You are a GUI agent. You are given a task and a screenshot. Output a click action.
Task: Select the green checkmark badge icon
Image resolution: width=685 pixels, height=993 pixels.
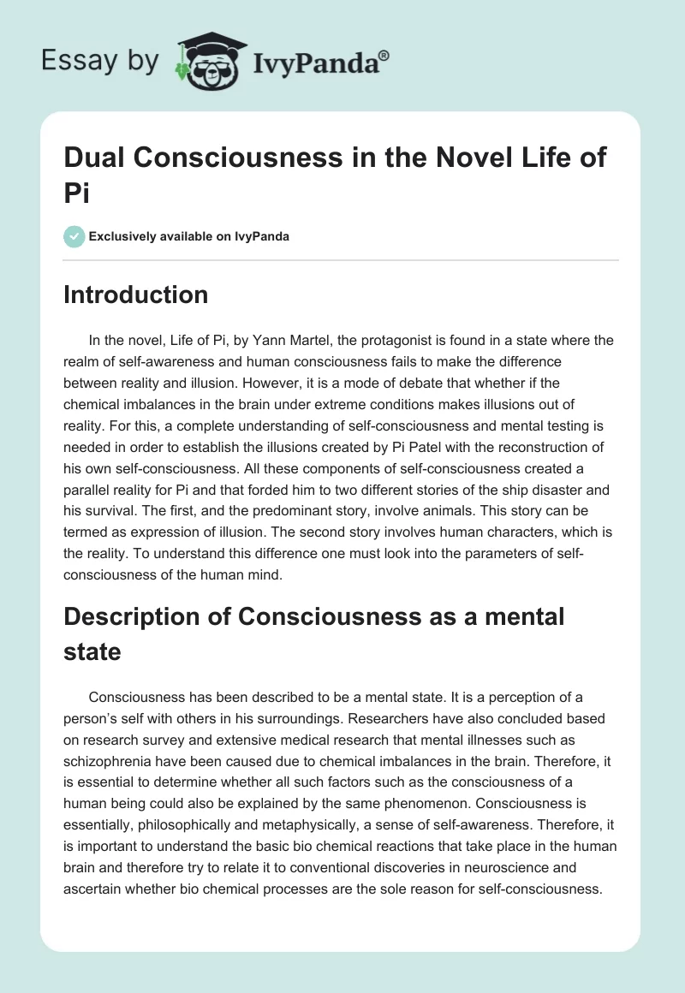click(x=74, y=236)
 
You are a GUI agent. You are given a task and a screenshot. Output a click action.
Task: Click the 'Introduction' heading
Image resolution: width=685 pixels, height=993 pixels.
click(x=136, y=295)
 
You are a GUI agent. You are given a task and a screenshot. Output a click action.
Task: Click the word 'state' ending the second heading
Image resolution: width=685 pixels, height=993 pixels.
click(x=92, y=652)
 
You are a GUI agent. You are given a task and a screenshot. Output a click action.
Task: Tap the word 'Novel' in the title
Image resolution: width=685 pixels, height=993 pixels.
click(x=460, y=158)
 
